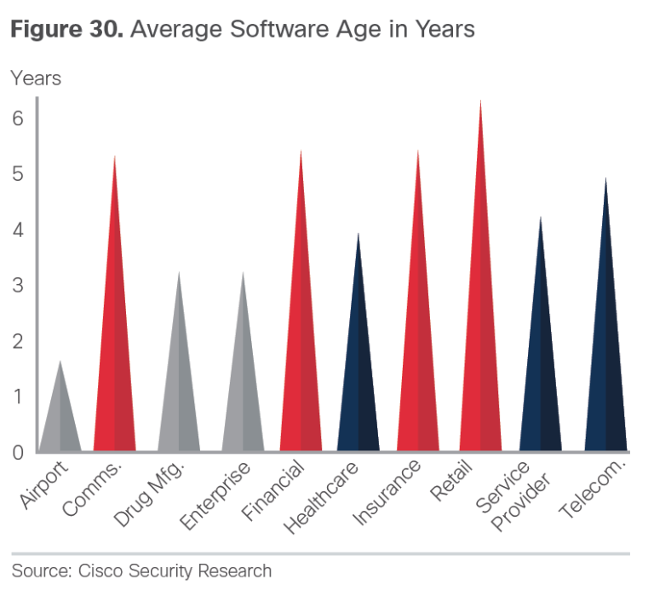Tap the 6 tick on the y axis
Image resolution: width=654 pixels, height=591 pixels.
click(x=18, y=118)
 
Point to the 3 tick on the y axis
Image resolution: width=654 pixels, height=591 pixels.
click(x=18, y=285)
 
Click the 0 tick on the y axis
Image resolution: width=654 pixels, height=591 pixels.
click(x=18, y=452)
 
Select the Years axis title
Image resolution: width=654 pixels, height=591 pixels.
click(x=36, y=78)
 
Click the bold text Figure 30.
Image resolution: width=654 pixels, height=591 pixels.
click(x=65, y=30)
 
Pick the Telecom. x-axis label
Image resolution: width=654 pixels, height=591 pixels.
click(x=592, y=490)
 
